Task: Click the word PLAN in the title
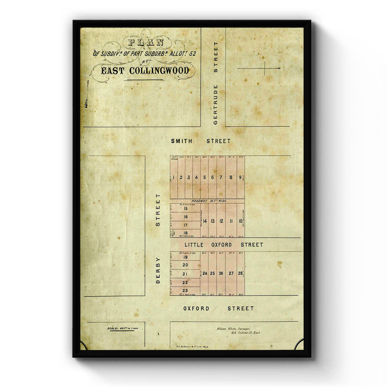[x=146, y=42]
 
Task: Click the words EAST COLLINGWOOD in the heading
[x=145, y=71]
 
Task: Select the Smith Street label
[x=201, y=141]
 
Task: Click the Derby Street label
[x=158, y=238]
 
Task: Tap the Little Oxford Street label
[x=224, y=245]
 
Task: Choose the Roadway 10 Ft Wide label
[x=209, y=201]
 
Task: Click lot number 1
[x=173, y=177]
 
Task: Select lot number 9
[x=240, y=177]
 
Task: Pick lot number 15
[x=186, y=208]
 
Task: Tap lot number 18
[x=186, y=233]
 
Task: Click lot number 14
[x=205, y=221]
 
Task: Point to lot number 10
[x=240, y=221]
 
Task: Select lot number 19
[x=185, y=257]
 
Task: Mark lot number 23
[x=185, y=290]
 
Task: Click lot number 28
[x=240, y=273]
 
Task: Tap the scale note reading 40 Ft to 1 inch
[x=122, y=329]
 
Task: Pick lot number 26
[x=221, y=273]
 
